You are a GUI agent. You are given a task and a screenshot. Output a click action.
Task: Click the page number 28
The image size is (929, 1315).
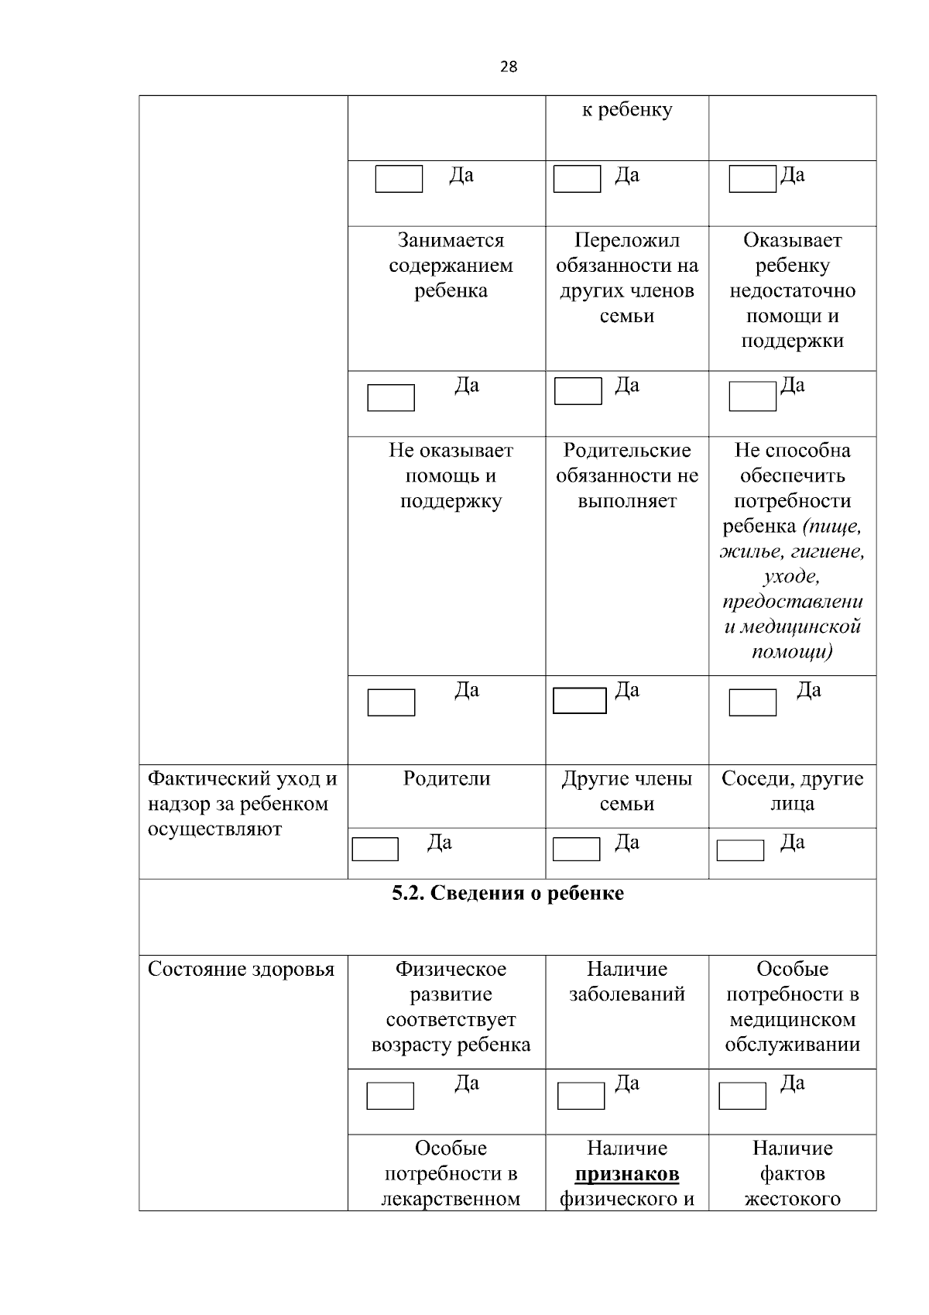(508, 67)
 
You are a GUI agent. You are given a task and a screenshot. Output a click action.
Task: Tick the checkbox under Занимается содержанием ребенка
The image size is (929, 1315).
(391, 397)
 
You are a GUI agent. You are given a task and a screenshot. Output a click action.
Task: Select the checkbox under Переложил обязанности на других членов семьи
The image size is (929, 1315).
(578, 391)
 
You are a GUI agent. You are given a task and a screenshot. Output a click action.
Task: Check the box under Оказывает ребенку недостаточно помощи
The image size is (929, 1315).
(752, 397)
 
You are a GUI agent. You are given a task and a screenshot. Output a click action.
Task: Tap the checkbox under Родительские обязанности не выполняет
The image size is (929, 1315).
(579, 700)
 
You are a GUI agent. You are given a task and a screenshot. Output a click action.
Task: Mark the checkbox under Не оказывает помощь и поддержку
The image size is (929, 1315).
(391, 702)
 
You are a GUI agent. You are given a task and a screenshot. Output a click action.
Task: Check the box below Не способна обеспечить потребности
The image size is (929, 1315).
(752, 702)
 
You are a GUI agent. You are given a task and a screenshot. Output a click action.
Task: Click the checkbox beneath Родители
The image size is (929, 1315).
(375, 849)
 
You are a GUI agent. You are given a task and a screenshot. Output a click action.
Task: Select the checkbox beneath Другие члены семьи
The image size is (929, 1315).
(576, 849)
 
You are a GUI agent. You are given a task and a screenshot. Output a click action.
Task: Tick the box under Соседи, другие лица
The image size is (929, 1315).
(740, 850)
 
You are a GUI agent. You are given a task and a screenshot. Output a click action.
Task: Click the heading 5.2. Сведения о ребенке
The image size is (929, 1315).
(508, 894)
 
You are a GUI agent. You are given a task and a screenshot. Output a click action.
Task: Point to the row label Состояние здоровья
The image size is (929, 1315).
(241, 970)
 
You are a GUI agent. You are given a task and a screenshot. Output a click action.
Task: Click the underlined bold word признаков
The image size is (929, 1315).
(627, 1174)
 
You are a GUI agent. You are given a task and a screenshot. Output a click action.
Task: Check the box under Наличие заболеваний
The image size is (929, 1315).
(581, 1096)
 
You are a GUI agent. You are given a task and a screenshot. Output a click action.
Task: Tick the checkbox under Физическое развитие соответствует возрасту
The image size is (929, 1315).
(390, 1096)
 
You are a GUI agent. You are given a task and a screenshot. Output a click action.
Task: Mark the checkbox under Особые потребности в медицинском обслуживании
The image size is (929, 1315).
(742, 1096)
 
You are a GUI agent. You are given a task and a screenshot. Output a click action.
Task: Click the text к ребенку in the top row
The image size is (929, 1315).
(627, 110)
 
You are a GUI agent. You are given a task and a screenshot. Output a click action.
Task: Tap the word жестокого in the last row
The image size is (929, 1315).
(792, 1200)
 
